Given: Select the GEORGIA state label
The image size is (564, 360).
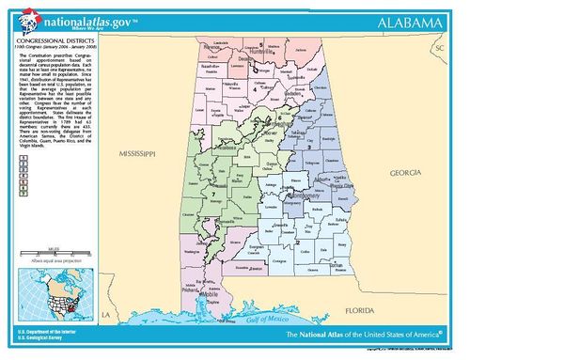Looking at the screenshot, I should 407,173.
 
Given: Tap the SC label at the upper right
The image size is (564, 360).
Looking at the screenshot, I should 436,47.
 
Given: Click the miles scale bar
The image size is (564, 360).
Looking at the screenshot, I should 54,253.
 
